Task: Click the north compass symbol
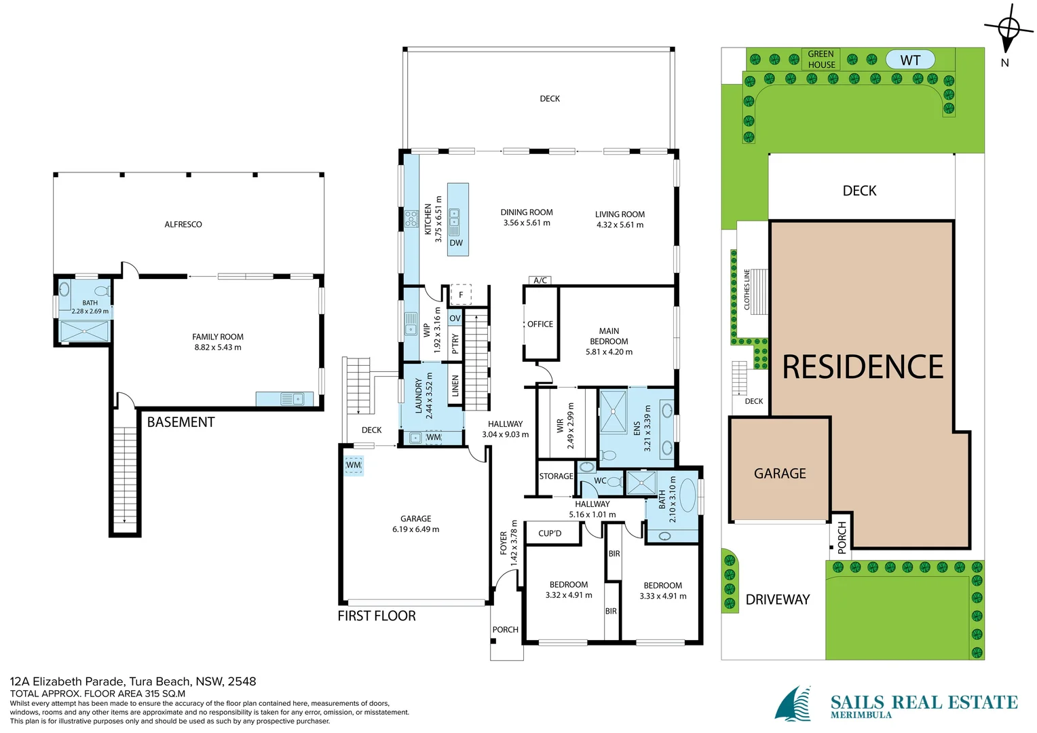click(1008, 29)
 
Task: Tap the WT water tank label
click(910, 60)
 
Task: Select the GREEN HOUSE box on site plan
click(821, 59)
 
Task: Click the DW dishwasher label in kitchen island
click(456, 243)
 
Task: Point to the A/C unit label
click(540, 280)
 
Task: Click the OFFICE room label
click(540, 324)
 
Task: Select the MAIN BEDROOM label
click(609, 337)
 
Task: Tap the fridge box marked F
click(461, 295)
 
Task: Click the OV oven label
click(455, 318)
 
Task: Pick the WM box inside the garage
click(354, 466)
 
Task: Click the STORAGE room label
click(556, 476)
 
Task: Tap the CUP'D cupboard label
click(550, 533)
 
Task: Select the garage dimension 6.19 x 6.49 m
click(415, 529)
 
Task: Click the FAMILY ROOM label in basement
click(218, 337)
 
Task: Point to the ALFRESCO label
click(183, 225)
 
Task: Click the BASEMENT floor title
click(181, 422)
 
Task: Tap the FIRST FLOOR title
click(377, 616)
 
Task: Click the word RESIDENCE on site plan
click(863, 367)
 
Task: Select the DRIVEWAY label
click(778, 600)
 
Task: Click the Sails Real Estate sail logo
click(794, 704)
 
